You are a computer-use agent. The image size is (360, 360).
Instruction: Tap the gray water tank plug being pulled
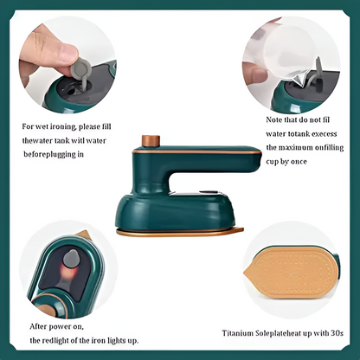[84, 68]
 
